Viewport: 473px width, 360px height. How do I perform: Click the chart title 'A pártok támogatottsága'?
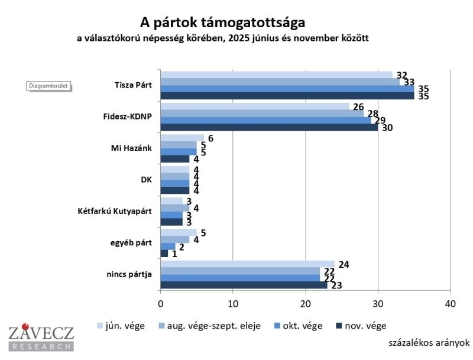coord(223,23)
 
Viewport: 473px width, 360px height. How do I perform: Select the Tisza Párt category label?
coord(133,85)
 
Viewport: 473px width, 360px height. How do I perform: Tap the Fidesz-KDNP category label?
coord(128,116)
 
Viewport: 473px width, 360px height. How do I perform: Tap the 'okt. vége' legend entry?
coord(301,325)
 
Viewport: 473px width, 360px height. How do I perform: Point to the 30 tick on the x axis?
coord(378,303)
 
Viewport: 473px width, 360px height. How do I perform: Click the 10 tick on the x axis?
coord(233,303)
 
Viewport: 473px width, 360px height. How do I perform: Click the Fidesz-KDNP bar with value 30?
coord(269,127)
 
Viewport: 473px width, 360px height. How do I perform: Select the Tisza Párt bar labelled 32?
coord(276,74)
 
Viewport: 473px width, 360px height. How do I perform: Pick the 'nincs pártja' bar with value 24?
coord(247,264)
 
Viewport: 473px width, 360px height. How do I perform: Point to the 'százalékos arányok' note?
coord(429,342)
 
